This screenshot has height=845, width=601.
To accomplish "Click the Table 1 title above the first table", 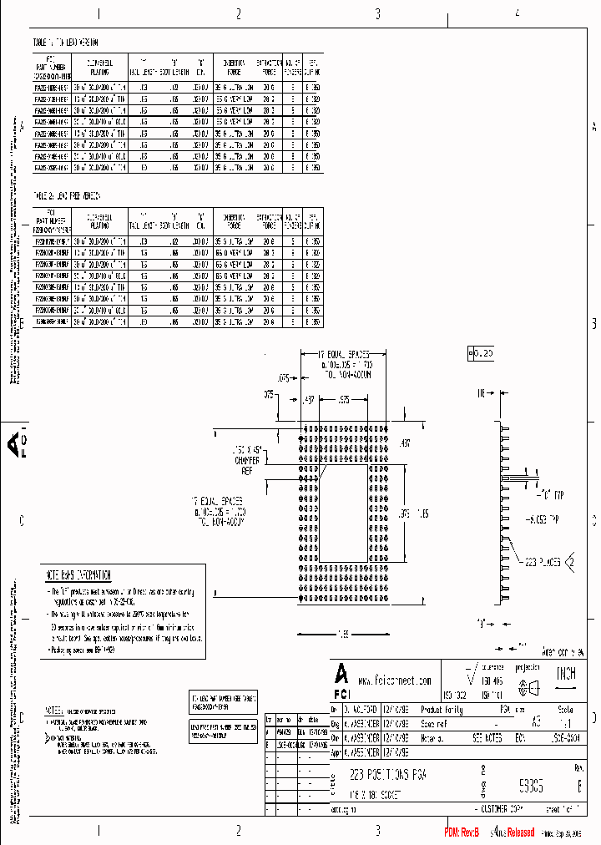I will pyautogui.click(x=66, y=41).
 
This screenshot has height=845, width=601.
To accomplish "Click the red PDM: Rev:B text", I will pyautogui.click(x=462, y=832).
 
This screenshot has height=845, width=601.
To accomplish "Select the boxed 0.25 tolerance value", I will pyautogui.click(x=482, y=354).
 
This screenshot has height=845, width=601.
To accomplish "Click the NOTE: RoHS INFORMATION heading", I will pyautogui.click(x=78, y=575).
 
